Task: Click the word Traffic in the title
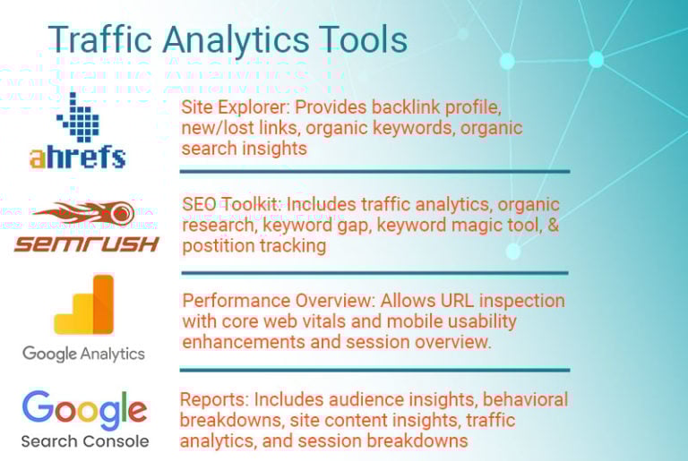coord(99,39)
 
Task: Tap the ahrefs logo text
coord(78,157)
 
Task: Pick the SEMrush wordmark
coord(86,243)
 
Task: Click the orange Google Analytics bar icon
coord(84,304)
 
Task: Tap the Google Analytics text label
coord(83,354)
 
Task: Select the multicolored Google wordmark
coord(85,409)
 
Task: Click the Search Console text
coord(85,441)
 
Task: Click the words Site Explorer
coord(235,107)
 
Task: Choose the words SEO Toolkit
coord(231,204)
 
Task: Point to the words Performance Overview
coord(279,301)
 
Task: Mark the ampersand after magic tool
coord(553,225)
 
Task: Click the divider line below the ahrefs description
coord(374,172)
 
